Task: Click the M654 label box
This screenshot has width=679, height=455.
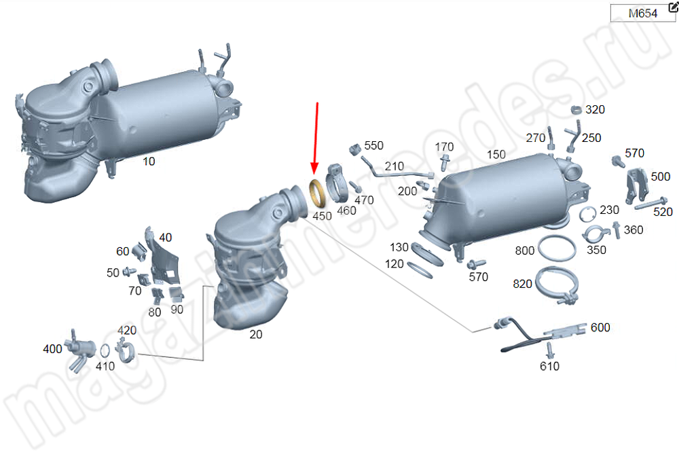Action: (x=642, y=13)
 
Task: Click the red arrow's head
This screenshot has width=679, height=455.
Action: (x=315, y=168)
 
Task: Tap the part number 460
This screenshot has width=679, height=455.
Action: (x=346, y=211)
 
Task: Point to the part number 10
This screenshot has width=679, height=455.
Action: (x=149, y=162)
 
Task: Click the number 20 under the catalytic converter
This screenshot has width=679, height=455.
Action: (x=255, y=334)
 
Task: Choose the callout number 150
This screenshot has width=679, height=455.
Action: (x=496, y=155)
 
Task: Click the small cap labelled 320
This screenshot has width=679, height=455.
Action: (x=576, y=109)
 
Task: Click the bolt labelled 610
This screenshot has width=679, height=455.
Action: (x=549, y=349)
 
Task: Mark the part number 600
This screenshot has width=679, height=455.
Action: (x=600, y=327)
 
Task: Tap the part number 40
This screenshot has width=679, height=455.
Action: (x=166, y=238)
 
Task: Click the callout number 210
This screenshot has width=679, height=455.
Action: (x=394, y=166)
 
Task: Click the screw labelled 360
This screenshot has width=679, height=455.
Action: (x=617, y=230)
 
